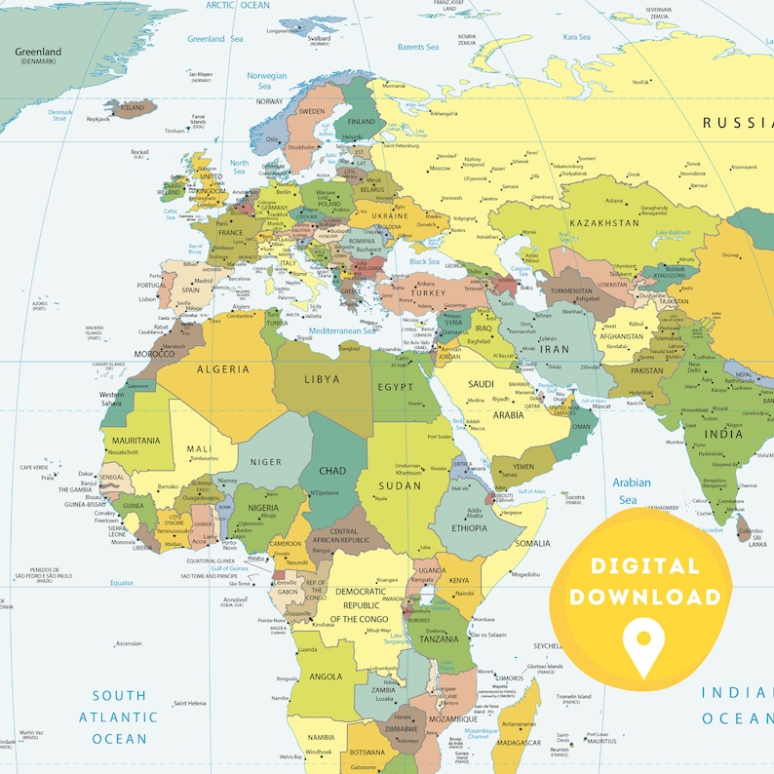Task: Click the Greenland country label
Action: [x=38, y=52]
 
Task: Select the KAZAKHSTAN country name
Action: [x=604, y=223]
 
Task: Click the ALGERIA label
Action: [x=223, y=369]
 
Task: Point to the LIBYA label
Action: [x=323, y=377]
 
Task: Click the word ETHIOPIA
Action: [x=470, y=528]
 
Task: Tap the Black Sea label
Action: [x=424, y=261]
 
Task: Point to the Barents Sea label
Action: [x=418, y=47]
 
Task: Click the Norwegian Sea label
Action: [x=266, y=80]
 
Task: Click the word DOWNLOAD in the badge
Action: [x=644, y=597]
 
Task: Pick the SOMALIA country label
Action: [x=532, y=543]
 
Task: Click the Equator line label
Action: [x=121, y=582]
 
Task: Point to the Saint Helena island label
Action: [x=189, y=703]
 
